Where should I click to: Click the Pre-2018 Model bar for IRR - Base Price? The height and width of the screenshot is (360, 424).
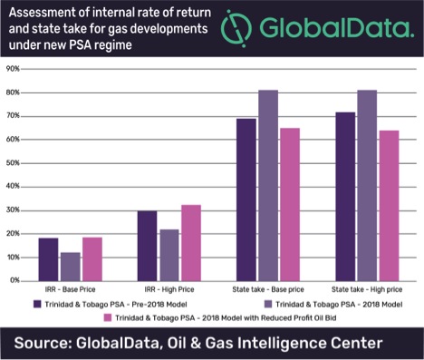pos(48,259)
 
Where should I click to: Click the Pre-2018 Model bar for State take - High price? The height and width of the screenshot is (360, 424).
pos(345,196)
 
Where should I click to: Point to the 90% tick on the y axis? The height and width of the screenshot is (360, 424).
pos(14,69)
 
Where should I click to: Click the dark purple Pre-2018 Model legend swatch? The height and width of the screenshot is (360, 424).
pos(37,304)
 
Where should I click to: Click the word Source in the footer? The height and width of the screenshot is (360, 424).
pos(52,342)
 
